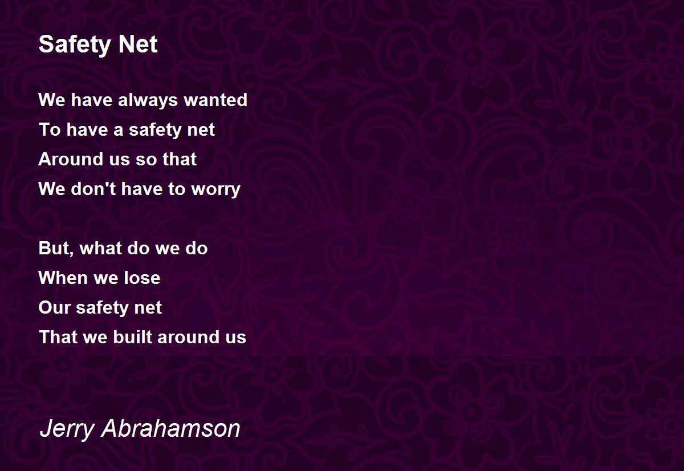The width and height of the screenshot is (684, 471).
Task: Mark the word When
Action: coord(58,278)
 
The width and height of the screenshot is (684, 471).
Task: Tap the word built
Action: coord(132,338)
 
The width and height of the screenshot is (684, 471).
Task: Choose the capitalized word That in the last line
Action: coord(54,338)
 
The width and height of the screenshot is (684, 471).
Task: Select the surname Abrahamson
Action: coord(170,429)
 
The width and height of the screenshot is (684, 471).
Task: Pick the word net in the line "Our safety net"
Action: coord(148,308)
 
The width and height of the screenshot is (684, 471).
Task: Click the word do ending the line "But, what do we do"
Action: coord(196,249)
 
